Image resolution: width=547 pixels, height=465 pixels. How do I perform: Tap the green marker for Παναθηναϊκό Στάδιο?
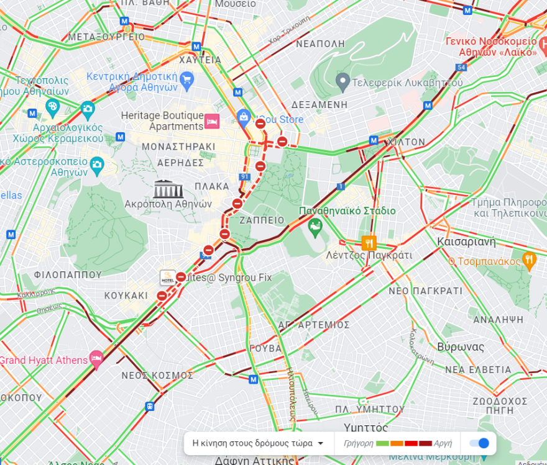(x=316, y=227)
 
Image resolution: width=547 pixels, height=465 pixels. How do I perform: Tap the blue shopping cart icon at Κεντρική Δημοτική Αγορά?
(x=186, y=79)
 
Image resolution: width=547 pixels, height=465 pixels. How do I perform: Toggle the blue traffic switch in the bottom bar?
(x=479, y=443)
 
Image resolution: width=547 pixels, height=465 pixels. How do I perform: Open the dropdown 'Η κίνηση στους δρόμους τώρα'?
(x=258, y=443)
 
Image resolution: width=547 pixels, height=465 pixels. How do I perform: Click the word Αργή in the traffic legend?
(x=443, y=443)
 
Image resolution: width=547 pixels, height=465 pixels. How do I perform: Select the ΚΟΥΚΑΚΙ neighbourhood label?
(x=126, y=296)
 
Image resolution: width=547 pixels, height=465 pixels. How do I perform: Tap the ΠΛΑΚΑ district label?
(x=211, y=186)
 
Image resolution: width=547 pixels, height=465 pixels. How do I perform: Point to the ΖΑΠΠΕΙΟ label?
(x=262, y=220)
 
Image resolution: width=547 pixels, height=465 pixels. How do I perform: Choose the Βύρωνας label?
(x=460, y=346)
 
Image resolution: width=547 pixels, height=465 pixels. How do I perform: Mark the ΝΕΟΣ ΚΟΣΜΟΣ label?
(x=157, y=376)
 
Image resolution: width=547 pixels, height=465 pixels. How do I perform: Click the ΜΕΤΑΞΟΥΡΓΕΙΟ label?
(x=106, y=37)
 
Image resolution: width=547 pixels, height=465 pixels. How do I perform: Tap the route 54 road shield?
(x=461, y=67)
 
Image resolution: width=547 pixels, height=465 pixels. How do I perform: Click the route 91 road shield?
(x=245, y=178)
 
